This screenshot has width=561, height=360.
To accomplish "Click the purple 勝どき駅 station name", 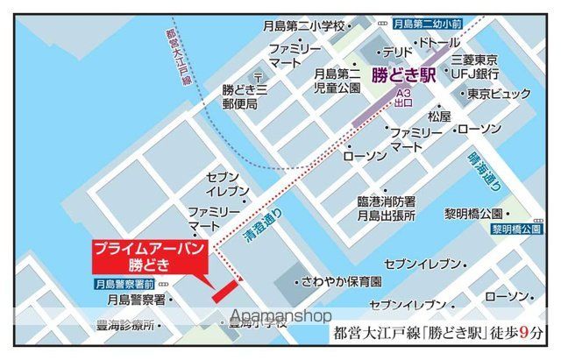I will point(404,75).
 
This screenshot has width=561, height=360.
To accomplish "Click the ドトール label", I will point(439,43).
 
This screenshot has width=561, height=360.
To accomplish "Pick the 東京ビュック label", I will point(498,94).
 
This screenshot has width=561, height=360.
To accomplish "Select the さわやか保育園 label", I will point(339,283).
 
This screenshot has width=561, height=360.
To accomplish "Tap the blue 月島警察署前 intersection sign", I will point(124,285).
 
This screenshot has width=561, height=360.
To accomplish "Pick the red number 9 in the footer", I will point(522,333).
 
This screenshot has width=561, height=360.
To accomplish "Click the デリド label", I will point(397,52).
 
